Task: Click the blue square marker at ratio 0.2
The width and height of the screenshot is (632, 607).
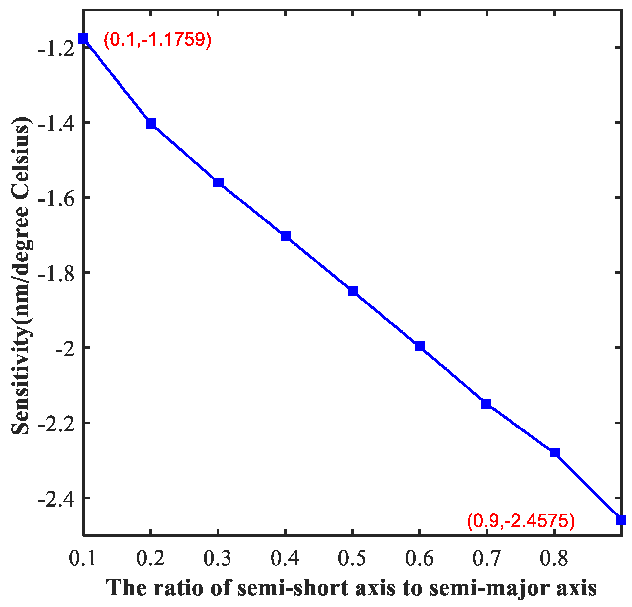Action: (151, 124)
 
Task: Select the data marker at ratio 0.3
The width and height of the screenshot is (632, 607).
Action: (218, 182)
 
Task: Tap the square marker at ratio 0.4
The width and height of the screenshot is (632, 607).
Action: (286, 236)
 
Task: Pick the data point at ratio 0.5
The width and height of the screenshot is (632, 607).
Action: (353, 291)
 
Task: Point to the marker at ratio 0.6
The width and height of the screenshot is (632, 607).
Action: (420, 346)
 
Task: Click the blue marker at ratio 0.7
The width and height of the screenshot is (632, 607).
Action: (487, 404)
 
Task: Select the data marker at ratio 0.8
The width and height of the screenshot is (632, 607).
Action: (555, 452)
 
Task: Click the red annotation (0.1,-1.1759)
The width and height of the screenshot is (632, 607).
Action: (158, 40)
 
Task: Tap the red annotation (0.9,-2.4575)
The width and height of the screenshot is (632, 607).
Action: (521, 521)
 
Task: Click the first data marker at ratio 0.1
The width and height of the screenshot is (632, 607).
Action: (83, 39)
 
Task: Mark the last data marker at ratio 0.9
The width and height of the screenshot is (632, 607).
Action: (621, 520)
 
